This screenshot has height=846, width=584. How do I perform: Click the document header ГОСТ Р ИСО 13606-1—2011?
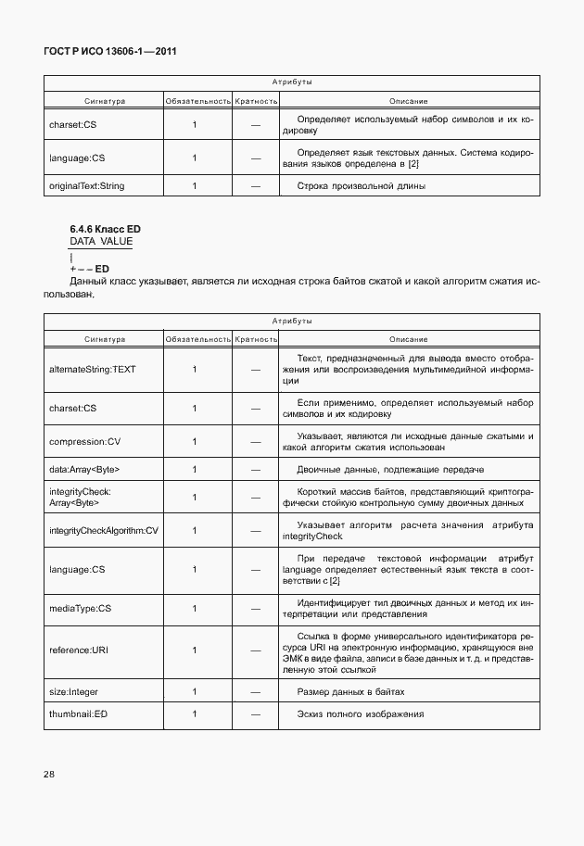click(110, 52)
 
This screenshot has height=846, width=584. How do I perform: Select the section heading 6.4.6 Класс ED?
click(105, 228)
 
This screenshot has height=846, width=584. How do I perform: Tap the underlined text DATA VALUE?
click(101, 241)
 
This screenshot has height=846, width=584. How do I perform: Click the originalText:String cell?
click(86, 185)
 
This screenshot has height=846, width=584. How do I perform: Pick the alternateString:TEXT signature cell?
click(92, 370)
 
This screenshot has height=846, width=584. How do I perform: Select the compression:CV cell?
click(83, 441)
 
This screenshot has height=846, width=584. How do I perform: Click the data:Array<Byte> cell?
click(83, 469)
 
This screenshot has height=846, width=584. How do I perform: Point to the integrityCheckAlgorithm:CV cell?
click(104, 530)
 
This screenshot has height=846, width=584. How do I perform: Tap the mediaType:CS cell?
click(80, 608)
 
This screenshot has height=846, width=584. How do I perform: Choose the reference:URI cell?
click(79, 650)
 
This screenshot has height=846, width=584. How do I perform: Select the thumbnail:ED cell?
click(78, 714)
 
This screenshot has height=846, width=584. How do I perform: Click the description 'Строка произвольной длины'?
click(361, 185)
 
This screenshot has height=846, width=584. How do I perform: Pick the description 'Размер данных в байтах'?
click(350, 692)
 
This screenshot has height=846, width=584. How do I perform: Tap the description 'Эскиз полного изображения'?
click(360, 714)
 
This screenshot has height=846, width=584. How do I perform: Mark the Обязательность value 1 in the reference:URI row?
click(195, 650)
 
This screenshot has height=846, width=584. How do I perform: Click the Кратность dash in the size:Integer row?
click(256, 692)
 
